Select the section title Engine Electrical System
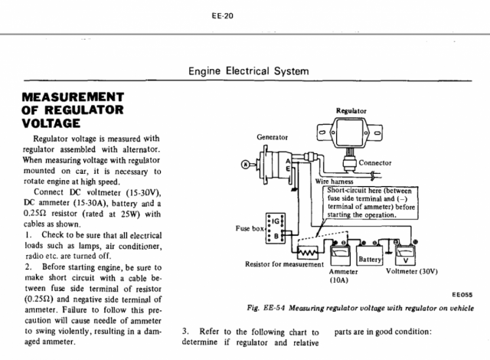pos(248,71)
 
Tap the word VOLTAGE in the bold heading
pos(52,122)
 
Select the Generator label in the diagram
pos(272,138)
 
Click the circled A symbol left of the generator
pos(244,165)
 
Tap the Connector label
pos(374,163)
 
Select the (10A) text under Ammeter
pos(339,281)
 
